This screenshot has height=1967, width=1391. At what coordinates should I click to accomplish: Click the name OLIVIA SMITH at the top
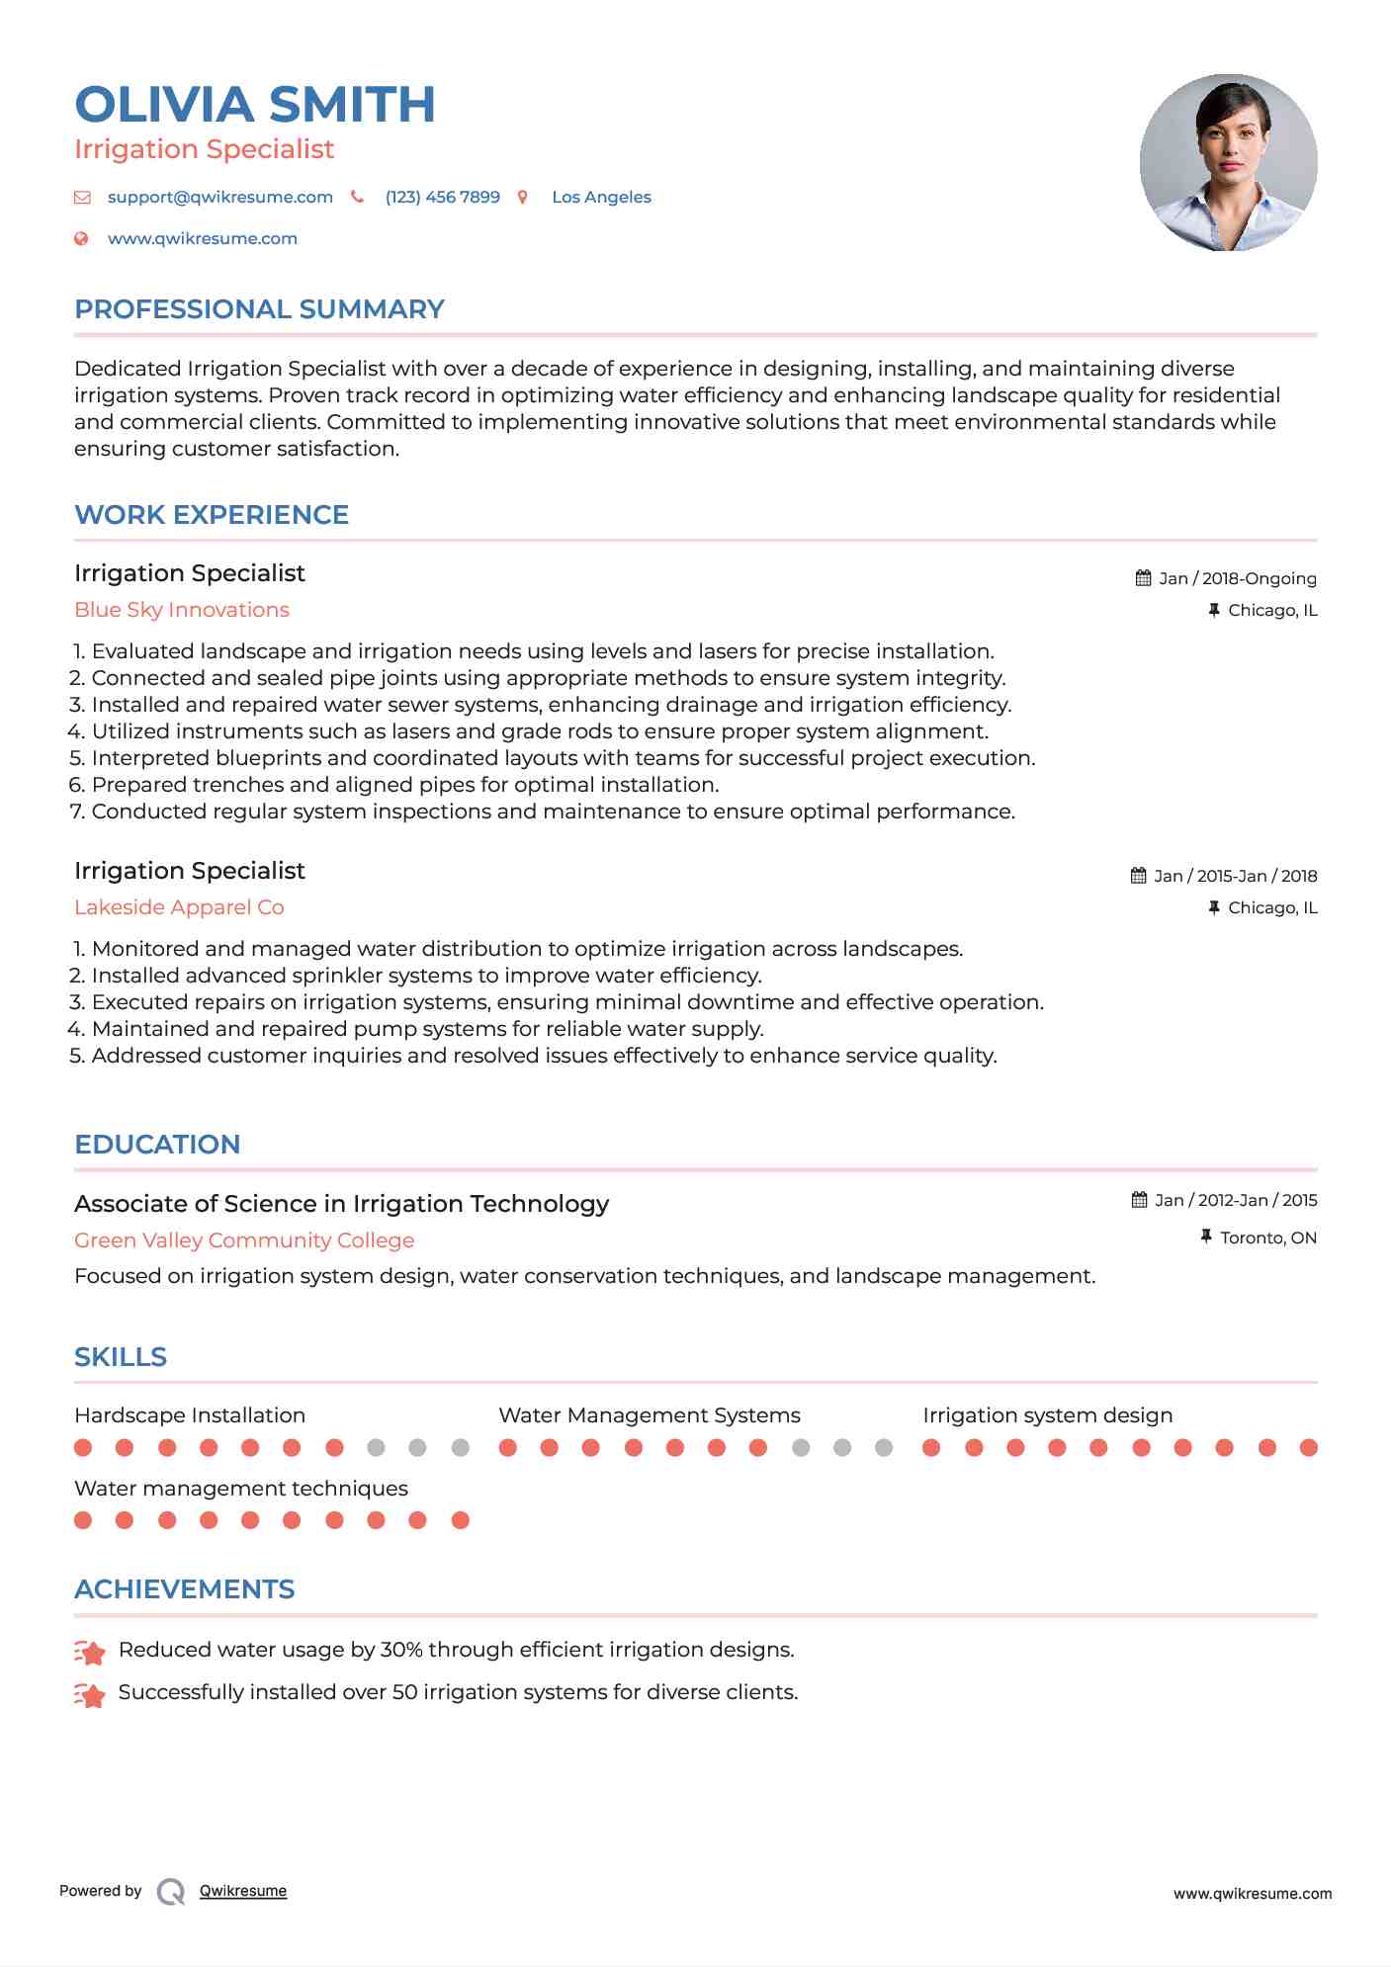(x=255, y=105)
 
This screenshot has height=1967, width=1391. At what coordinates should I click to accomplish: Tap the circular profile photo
(x=1228, y=162)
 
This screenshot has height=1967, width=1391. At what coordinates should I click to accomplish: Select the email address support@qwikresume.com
(x=219, y=197)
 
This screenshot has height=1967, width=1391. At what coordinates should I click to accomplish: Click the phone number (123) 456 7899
(x=442, y=197)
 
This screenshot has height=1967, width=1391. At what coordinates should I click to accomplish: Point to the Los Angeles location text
(x=601, y=197)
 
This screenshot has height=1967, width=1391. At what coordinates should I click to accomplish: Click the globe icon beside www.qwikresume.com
(x=82, y=238)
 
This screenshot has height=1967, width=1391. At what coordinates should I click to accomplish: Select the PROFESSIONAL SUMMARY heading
(x=259, y=309)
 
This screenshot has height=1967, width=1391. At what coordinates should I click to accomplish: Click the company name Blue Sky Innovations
(x=182, y=610)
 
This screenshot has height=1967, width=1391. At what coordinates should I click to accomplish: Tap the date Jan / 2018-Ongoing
(x=1237, y=578)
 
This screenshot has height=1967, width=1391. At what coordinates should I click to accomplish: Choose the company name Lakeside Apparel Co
(x=179, y=907)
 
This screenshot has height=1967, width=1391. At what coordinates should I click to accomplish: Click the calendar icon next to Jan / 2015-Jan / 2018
(x=1139, y=876)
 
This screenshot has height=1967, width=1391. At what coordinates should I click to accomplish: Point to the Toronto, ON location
(x=1267, y=1238)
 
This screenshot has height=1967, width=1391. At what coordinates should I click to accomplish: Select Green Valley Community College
(x=244, y=1240)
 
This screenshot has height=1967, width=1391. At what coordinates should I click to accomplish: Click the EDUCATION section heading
(x=157, y=1145)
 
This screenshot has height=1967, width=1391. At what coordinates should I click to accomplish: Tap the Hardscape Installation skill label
(x=190, y=1415)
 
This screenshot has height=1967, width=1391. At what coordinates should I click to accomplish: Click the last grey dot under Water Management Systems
(x=884, y=1448)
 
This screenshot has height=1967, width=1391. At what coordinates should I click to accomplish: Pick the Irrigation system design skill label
(x=1047, y=1415)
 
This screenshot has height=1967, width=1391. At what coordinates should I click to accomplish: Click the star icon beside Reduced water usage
(x=90, y=1651)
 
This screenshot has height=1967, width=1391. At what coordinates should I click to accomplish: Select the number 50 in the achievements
(x=405, y=1692)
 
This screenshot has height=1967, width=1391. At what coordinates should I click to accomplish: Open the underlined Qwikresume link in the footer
(x=243, y=1891)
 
